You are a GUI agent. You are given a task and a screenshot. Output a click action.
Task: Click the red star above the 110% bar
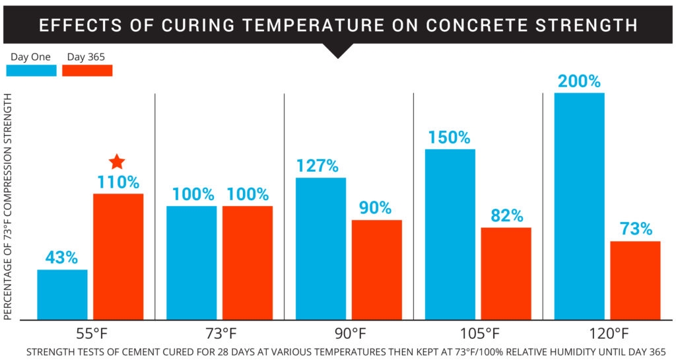pyautogui.click(x=117, y=161)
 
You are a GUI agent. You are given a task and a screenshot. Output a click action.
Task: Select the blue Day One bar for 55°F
pyautogui.click(x=62, y=295)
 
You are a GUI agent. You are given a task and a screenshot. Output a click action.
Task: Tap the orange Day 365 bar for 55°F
pyautogui.click(x=118, y=257)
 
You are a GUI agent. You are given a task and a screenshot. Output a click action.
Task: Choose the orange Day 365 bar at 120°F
pyautogui.click(x=635, y=280)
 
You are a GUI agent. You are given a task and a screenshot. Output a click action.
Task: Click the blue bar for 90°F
pyautogui.click(x=321, y=248)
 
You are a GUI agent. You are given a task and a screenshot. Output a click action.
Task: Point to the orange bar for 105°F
pyautogui.click(x=506, y=273)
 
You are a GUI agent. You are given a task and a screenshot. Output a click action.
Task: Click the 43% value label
pyautogui.click(x=61, y=258)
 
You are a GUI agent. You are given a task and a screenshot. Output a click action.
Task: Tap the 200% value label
pyautogui.click(x=579, y=82)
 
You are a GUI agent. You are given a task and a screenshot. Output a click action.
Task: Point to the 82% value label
pyautogui.click(x=506, y=216)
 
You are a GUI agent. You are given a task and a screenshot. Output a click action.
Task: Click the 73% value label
pyautogui.click(x=636, y=229)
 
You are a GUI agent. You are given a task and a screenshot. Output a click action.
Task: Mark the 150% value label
pyautogui.click(x=450, y=138)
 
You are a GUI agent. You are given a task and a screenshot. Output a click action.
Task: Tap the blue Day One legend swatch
pyautogui.click(x=31, y=70)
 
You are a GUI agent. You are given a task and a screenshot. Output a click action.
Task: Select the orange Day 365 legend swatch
pyautogui.click(x=87, y=70)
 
